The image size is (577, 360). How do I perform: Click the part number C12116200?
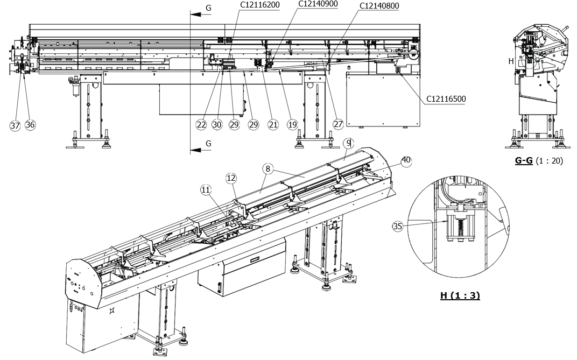(x=260, y=5)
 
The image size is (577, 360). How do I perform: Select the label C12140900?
(x=318, y=4)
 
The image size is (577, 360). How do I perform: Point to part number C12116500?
(x=446, y=98)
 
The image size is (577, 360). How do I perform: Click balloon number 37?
(x=16, y=125)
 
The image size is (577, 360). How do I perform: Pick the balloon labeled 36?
(x=30, y=125)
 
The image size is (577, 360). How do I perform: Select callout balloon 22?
(x=201, y=124)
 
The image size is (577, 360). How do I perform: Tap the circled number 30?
(x=217, y=124)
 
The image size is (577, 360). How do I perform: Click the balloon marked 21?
(x=273, y=124)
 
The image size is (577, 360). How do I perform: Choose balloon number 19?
(x=292, y=124)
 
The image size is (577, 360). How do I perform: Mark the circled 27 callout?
(x=338, y=124)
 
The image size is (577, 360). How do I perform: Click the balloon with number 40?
(x=406, y=160)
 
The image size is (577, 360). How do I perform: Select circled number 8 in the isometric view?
(x=268, y=168)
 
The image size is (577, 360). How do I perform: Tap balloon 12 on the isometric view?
(x=231, y=178)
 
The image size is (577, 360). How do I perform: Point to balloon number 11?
(x=206, y=189)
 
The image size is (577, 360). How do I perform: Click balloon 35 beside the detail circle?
(x=398, y=227)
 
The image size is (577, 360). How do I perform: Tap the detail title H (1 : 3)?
(x=460, y=295)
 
